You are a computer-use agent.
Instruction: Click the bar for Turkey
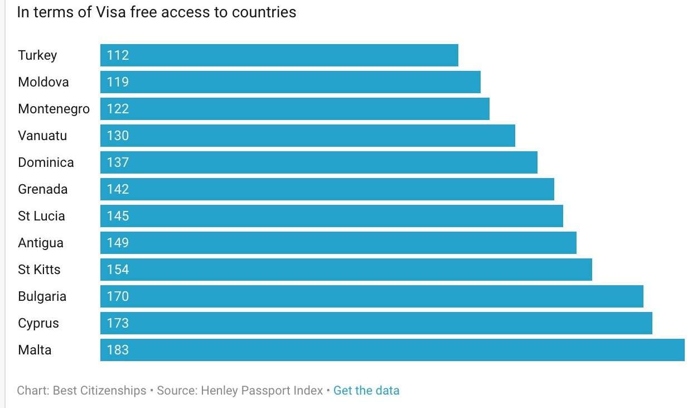coord(279,55)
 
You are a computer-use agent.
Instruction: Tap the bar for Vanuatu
coord(307,136)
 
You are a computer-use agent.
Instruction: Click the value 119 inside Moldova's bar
coord(118,82)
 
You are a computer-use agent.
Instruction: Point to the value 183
coord(118,350)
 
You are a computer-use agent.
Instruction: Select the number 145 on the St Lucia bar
coord(118,216)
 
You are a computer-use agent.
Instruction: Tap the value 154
coord(118,270)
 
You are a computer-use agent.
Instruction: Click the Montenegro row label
coord(54,109)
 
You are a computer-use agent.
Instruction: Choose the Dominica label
coord(46,162)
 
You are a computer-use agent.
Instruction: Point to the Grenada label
coord(42,189)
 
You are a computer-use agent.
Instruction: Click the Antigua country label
coord(41,243)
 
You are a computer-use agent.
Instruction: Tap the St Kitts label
coord(39,270)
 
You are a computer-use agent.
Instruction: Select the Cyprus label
coord(38,323)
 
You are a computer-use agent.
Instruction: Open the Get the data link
coord(366,391)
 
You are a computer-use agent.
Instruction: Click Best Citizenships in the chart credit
coord(99,391)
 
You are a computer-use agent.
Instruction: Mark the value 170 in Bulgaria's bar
coord(118,296)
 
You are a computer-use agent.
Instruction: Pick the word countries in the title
coord(264,12)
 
